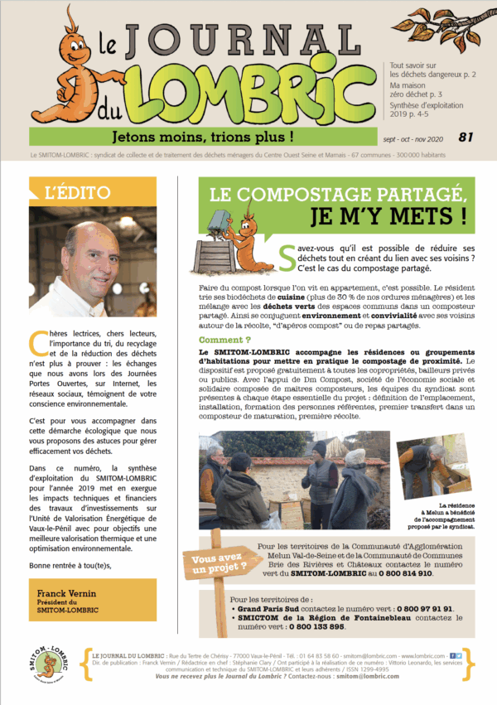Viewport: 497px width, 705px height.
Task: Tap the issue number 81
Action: [x=466, y=137]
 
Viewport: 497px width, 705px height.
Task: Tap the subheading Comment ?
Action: [x=224, y=340]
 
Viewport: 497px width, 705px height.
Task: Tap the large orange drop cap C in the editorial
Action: [x=36, y=340]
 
